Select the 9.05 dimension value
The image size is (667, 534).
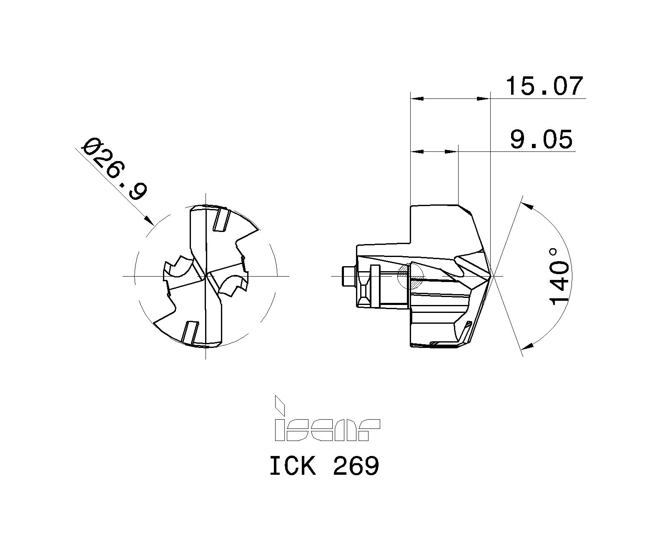pos(541,139)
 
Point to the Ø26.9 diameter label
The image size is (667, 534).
pos(115,169)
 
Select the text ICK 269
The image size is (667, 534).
pos(324,466)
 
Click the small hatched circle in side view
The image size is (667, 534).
pos(411,277)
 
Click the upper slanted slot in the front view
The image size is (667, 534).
pos(221,219)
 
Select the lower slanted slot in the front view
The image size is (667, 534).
pos(190,332)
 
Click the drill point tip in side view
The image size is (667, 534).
pos(492,276)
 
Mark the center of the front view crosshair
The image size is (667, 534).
pos(206,276)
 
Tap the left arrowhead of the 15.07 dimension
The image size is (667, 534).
pos(417,99)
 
